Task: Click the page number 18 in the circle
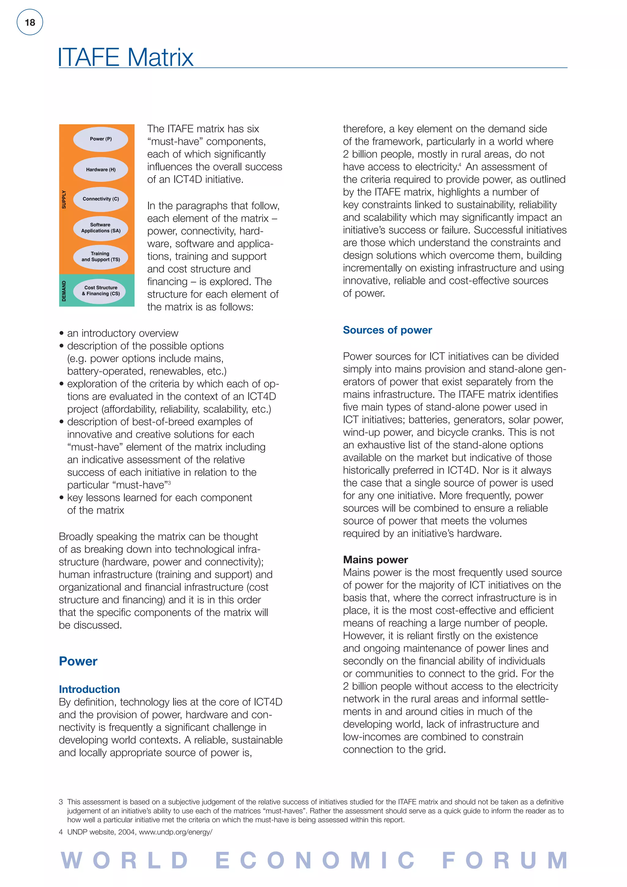click(x=30, y=22)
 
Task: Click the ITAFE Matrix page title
click(x=126, y=57)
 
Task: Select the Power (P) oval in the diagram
click(x=101, y=139)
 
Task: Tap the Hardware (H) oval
click(x=101, y=170)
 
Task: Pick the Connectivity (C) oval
click(x=101, y=199)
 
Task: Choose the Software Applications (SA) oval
click(x=101, y=228)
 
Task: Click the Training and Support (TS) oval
click(x=101, y=257)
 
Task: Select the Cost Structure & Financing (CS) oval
click(x=101, y=291)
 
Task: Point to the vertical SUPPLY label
click(x=64, y=200)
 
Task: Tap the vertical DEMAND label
click(x=64, y=291)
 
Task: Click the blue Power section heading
click(x=78, y=661)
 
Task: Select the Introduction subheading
click(x=89, y=689)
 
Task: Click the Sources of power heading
click(x=387, y=330)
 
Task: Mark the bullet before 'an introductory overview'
click(x=62, y=334)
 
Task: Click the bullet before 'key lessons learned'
click(x=62, y=498)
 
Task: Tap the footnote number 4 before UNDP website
click(x=61, y=832)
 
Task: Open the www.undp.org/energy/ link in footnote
click(x=175, y=832)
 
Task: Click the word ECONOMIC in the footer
click(x=315, y=861)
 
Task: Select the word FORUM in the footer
click(x=505, y=861)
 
